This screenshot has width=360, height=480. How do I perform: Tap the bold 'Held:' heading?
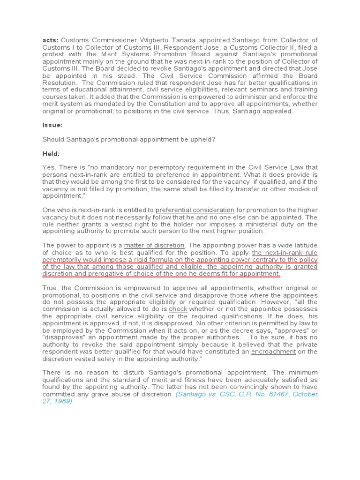tap(51, 154)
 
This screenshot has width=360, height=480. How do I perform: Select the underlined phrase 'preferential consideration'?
tap(195, 210)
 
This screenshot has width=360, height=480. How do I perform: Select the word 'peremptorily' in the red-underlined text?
tap(62, 259)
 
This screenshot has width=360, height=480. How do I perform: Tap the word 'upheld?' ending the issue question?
tap(202, 140)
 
